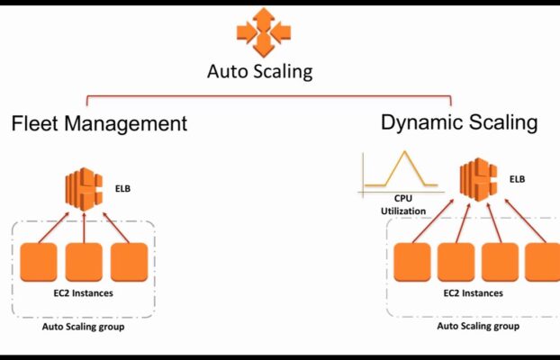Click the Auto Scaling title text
pos(260,71)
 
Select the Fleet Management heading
pos(100,123)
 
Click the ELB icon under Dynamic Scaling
pos(476,179)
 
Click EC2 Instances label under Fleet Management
pos(84,293)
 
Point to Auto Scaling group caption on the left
pos(83,327)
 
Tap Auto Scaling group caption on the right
pos(477,327)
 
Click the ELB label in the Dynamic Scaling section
pos(516,179)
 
